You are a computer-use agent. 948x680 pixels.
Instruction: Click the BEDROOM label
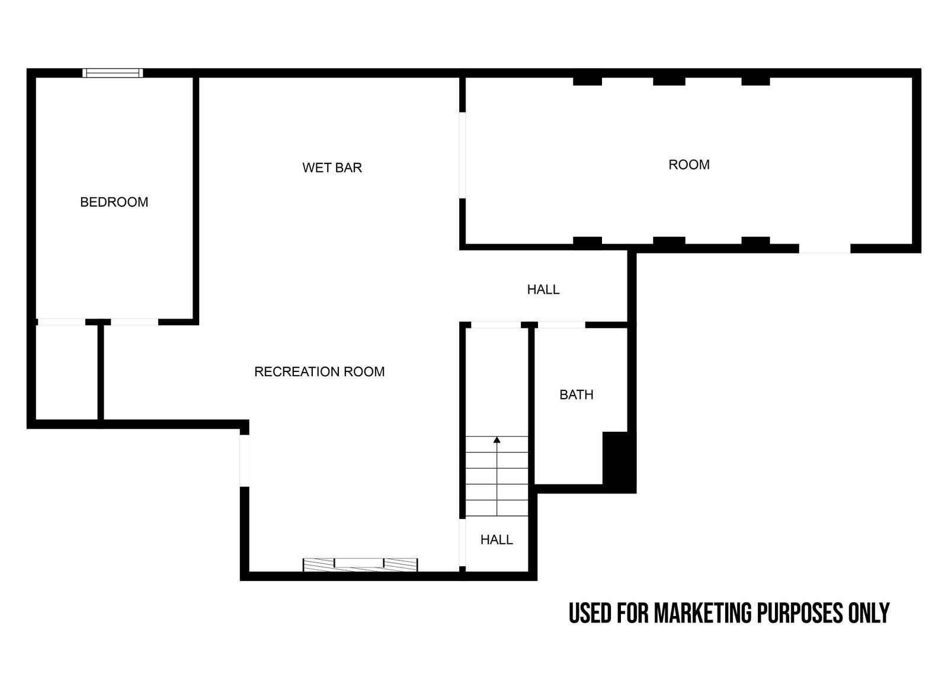tap(114, 202)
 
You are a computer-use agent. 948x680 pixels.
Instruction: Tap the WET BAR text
tap(332, 168)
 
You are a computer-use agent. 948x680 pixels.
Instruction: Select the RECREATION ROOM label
tap(319, 372)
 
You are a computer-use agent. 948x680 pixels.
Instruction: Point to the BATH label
tap(577, 395)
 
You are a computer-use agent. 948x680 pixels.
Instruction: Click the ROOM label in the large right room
tap(689, 165)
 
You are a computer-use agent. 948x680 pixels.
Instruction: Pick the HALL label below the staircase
tap(497, 540)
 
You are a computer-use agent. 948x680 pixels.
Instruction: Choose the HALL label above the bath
tap(543, 290)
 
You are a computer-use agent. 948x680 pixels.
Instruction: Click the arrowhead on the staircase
tap(497, 440)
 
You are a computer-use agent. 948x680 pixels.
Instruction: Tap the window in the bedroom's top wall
tap(113, 73)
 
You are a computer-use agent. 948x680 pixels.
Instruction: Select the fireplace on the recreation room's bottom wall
tap(360, 565)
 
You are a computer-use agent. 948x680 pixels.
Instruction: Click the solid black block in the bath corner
tap(619, 462)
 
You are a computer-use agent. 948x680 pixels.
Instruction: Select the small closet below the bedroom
tap(67, 373)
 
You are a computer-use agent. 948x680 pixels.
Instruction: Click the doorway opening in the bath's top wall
tap(562, 325)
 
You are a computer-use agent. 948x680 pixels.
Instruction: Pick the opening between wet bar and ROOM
tap(463, 155)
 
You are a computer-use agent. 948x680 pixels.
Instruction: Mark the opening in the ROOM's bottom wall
tap(824, 249)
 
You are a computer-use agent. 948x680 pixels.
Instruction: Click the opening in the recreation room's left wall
tap(244, 460)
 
